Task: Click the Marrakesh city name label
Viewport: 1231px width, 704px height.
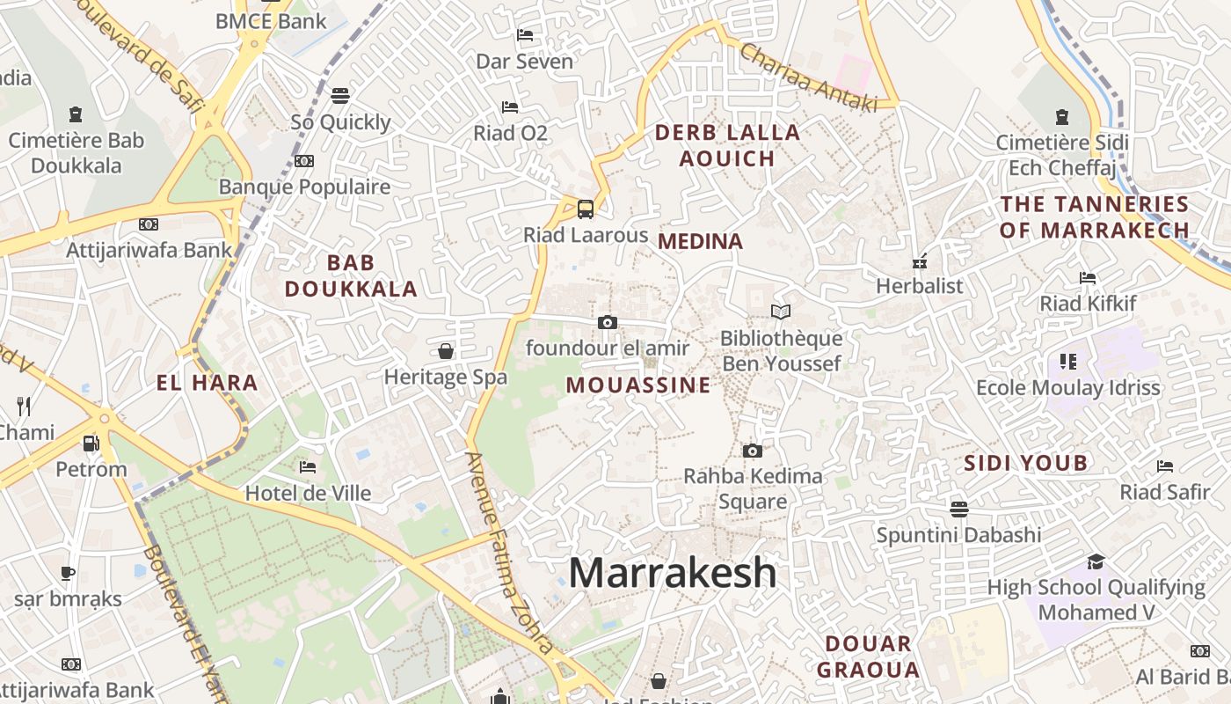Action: click(673, 574)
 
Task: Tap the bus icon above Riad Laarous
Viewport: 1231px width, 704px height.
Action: click(585, 209)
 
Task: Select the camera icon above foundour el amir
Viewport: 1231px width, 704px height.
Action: click(607, 322)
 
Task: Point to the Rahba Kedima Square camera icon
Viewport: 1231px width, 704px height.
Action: click(752, 451)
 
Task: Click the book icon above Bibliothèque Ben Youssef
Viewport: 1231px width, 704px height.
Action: click(780, 312)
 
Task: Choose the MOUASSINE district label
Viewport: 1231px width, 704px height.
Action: click(637, 385)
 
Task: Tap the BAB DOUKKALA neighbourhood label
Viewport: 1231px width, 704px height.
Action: click(351, 275)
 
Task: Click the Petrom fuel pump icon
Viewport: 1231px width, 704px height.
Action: click(90, 444)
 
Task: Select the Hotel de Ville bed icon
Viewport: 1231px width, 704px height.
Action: click(307, 466)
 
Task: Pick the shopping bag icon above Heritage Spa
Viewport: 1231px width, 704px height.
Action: click(446, 351)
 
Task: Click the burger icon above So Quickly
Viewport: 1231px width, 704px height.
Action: click(339, 95)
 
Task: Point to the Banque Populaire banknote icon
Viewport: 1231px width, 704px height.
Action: click(304, 161)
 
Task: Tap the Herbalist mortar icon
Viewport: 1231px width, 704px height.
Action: click(920, 260)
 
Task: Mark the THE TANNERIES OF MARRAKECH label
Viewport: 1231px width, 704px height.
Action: click(1095, 217)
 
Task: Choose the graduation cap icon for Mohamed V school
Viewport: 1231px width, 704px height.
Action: click(1096, 561)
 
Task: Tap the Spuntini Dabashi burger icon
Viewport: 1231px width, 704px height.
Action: click(958, 509)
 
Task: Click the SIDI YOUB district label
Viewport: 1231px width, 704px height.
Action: click(1025, 463)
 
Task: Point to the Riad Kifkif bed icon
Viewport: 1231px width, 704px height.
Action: click(1088, 278)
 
